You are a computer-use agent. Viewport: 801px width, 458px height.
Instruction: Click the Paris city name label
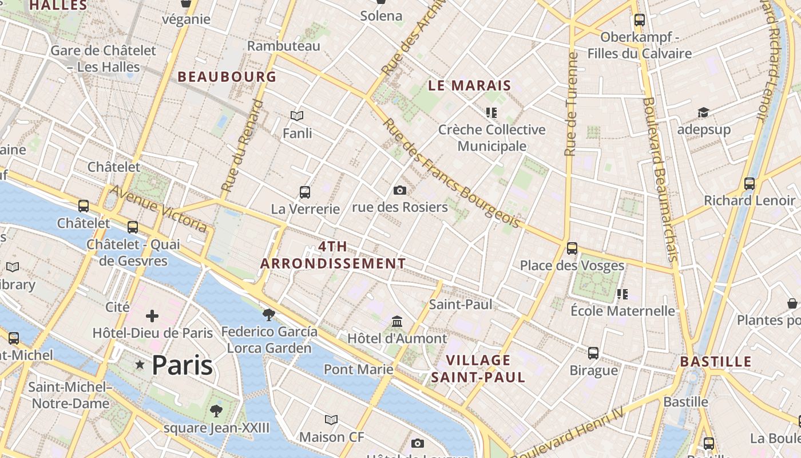pyautogui.click(x=183, y=365)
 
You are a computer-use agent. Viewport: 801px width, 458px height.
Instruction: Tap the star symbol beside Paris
pyautogui.click(x=140, y=364)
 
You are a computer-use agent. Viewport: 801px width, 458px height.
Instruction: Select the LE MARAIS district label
pyautogui.click(x=470, y=86)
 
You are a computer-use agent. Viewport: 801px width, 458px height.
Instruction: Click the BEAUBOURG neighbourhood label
pyautogui.click(x=227, y=77)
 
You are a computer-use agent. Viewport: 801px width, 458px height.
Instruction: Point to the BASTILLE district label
pyautogui.click(x=716, y=362)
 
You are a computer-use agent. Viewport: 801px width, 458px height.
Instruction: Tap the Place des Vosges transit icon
pyautogui.click(x=572, y=248)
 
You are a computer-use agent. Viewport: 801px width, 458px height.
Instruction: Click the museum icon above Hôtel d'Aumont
pyautogui.click(x=397, y=322)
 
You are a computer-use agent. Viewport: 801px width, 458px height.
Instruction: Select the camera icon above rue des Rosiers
pyautogui.click(x=400, y=190)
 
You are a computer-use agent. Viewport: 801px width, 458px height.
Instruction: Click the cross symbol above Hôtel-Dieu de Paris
pyautogui.click(x=152, y=316)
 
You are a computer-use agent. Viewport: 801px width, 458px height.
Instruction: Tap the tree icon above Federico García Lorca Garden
pyautogui.click(x=268, y=314)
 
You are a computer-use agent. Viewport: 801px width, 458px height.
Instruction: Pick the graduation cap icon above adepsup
pyautogui.click(x=703, y=113)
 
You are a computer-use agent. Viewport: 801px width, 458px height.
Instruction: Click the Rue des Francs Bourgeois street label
pyautogui.click(x=451, y=173)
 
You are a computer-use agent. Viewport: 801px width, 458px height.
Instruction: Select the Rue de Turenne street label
pyautogui.click(x=570, y=105)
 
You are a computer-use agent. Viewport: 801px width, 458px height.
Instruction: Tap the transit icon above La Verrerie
pyautogui.click(x=305, y=192)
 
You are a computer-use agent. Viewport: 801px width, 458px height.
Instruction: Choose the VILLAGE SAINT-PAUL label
pyautogui.click(x=478, y=369)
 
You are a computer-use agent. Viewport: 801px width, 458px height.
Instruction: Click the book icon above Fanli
pyautogui.click(x=297, y=116)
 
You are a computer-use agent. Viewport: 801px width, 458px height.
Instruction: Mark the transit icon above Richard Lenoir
pyautogui.click(x=749, y=184)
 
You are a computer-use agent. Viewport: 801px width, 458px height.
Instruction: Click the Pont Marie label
pyautogui.click(x=359, y=369)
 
